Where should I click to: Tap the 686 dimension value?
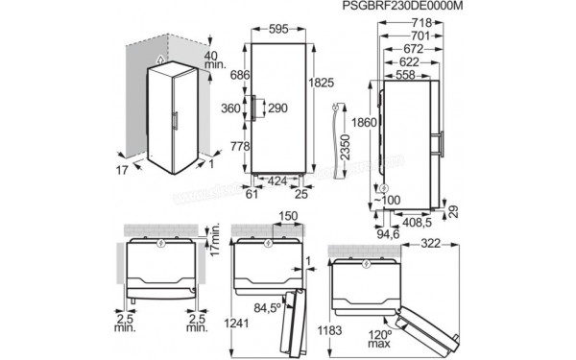click(x=230, y=73)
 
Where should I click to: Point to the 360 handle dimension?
click(x=230, y=108)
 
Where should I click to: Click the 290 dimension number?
click(x=277, y=108)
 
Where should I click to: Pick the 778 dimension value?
click(x=230, y=146)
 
